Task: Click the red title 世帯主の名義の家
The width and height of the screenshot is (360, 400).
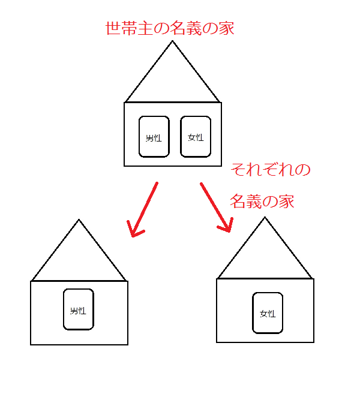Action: [x=169, y=28]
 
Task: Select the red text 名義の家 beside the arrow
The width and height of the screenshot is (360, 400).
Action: [x=262, y=201]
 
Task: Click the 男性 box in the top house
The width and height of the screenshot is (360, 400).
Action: [x=154, y=137]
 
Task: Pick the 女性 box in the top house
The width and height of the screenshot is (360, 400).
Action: [x=196, y=137]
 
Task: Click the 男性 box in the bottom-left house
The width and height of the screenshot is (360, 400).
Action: [x=79, y=309]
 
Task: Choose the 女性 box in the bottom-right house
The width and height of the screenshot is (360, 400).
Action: [x=268, y=312]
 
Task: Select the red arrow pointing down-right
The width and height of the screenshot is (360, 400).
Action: [x=215, y=206]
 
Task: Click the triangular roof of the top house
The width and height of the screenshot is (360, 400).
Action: [x=173, y=78]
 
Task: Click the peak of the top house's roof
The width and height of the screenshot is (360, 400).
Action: [x=173, y=42]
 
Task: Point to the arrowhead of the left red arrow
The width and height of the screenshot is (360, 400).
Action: [x=135, y=231]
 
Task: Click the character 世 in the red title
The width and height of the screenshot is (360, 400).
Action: [x=112, y=28]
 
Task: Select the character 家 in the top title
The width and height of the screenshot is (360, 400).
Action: [x=226, y=28]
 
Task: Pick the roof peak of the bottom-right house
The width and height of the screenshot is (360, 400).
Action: [x=265, y=218]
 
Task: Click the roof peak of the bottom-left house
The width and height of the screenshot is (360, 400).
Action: [x=79, y=221]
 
